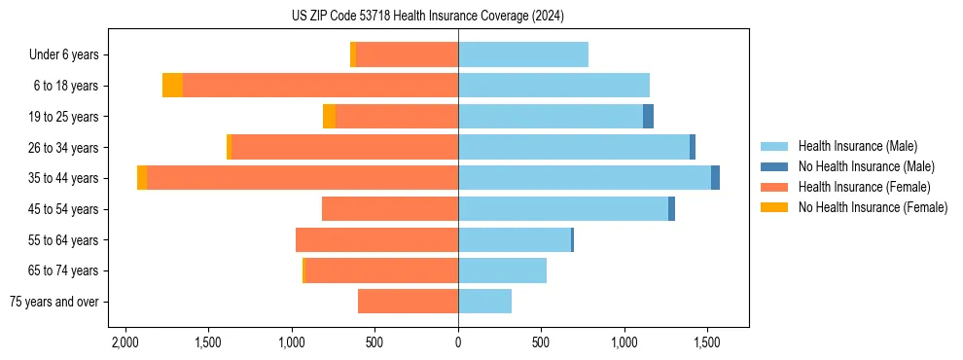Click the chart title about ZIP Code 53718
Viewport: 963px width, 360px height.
pos(427,16)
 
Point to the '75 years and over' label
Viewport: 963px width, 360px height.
pos(54,302)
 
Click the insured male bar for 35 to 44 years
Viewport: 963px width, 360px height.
pos(584,178)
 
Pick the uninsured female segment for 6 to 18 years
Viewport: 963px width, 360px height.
pos(172,86)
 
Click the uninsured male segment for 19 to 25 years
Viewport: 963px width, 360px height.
pos(648,117)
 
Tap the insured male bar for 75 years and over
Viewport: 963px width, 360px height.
pos(484,302)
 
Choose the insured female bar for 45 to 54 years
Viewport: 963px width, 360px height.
pos(389,209)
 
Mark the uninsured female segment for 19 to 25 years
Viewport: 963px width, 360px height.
pos(329,117)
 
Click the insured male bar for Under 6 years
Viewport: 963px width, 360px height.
pos(522,54)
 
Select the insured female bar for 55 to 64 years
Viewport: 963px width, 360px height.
pos(376,239)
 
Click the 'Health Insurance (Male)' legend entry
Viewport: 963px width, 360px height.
pos(857,146)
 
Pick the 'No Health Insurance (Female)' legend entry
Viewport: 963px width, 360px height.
pos(873,207)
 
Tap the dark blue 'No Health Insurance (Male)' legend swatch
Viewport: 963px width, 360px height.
pos(775,166)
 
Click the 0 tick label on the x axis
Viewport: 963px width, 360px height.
pos(458,342)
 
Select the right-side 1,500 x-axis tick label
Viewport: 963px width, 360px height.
pos(707,342)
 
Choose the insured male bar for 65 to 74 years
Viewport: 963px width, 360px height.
pos(502,270)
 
